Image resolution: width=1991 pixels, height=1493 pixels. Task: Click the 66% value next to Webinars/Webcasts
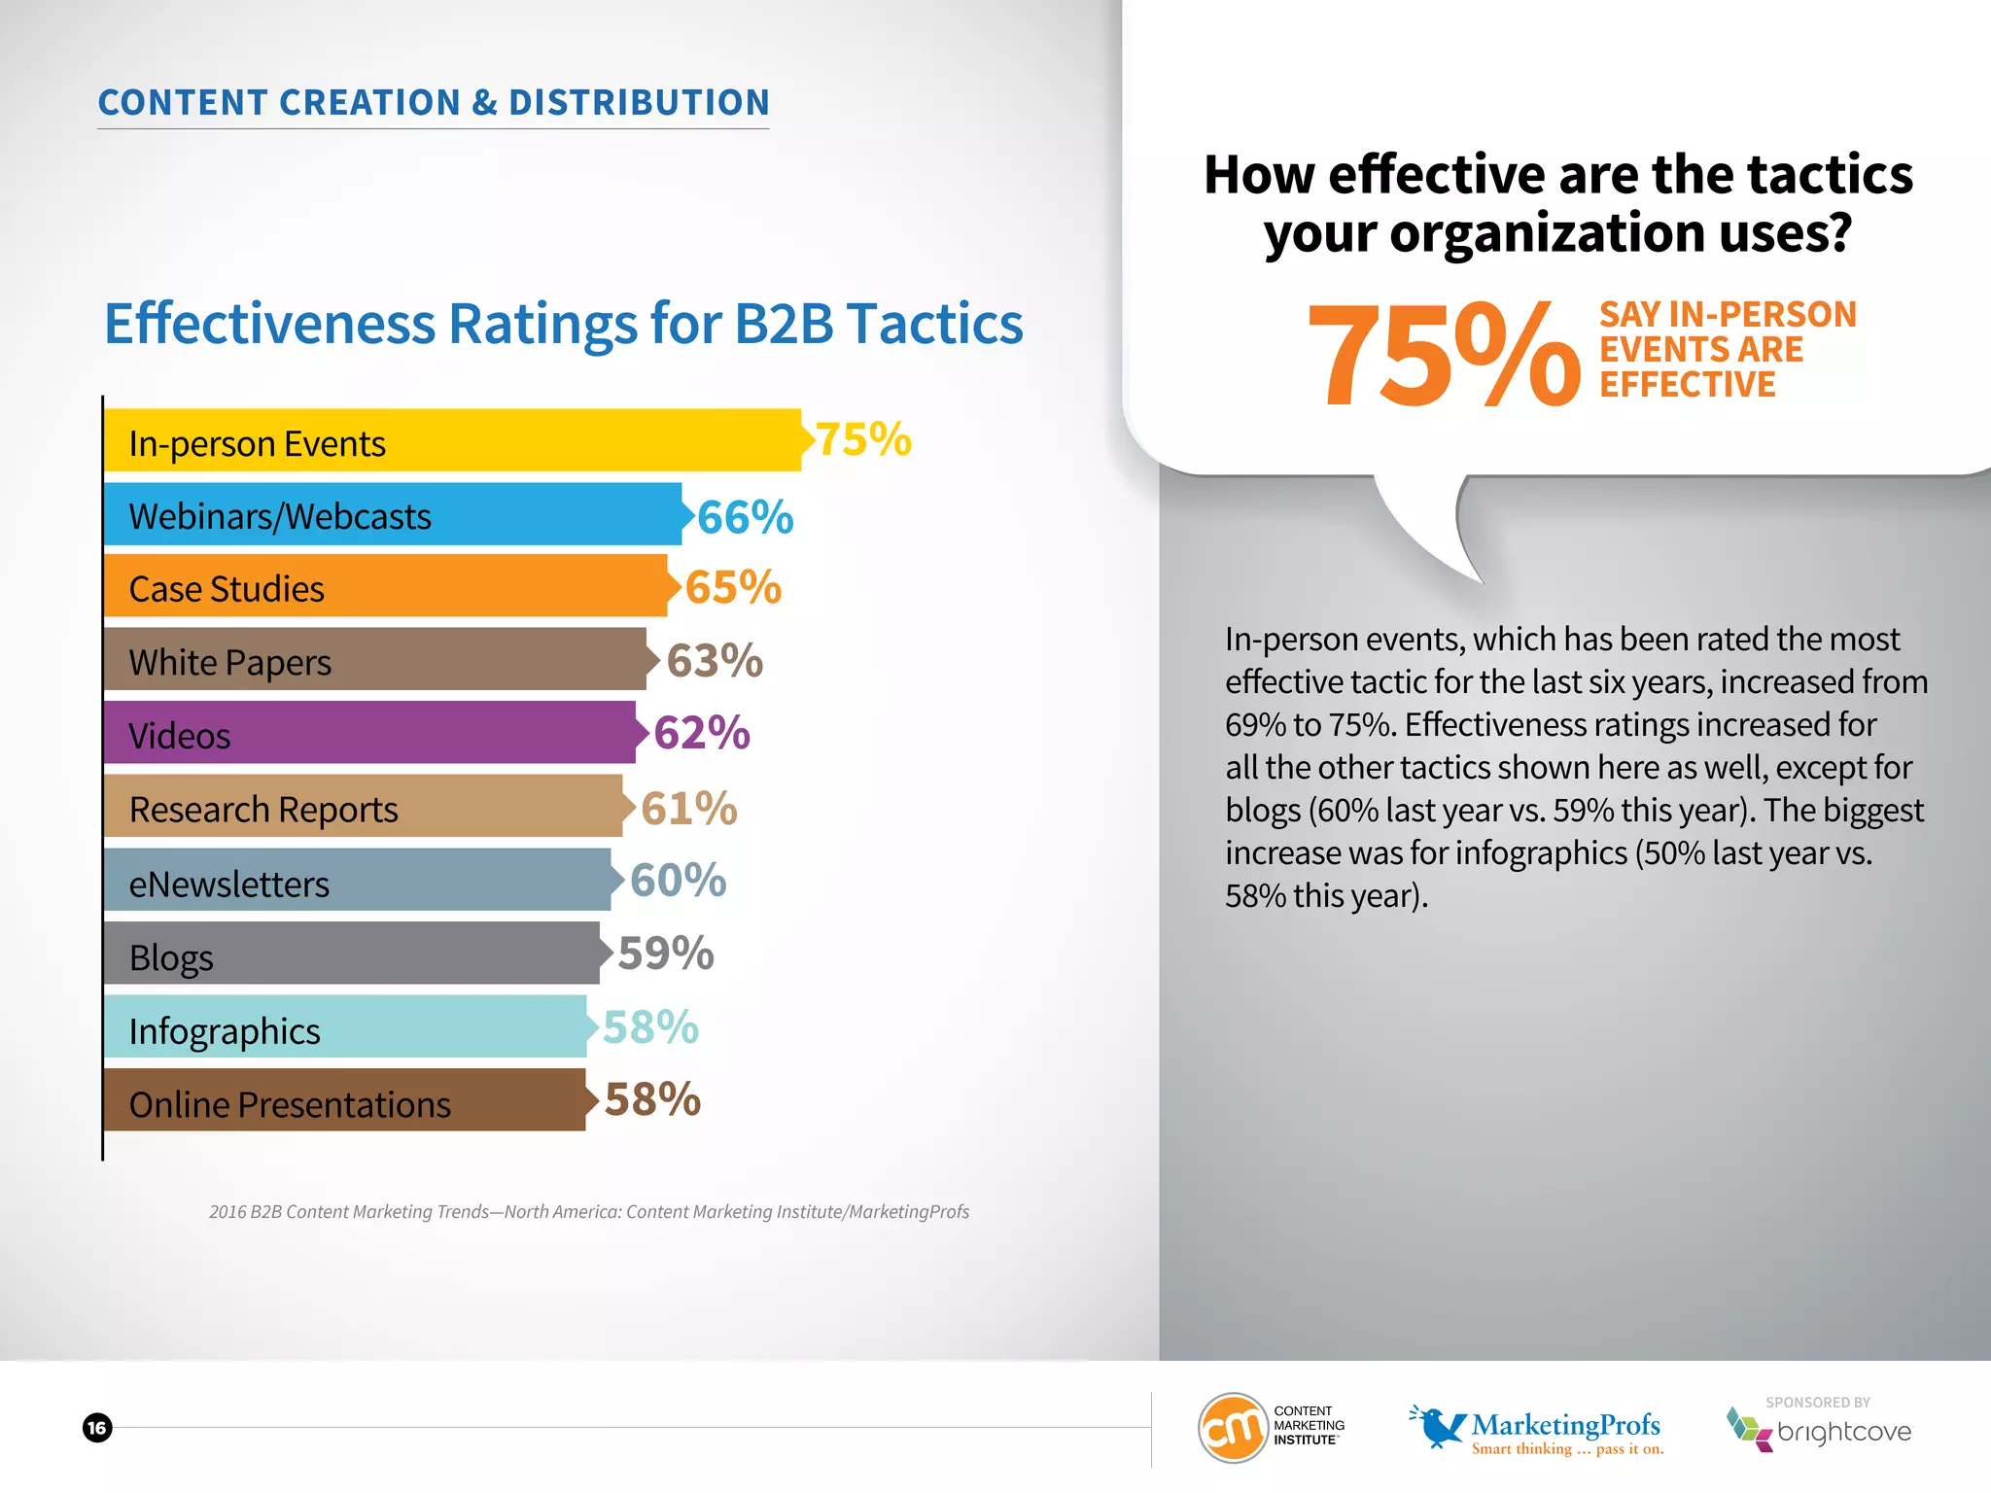coord(745,517)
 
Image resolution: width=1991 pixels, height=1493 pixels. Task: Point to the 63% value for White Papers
coord(715,661)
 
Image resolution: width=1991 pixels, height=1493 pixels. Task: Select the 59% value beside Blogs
coord(666,954)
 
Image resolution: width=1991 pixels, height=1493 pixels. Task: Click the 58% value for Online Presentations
coord(652,1100)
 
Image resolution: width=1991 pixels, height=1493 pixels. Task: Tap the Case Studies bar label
coord(227,589)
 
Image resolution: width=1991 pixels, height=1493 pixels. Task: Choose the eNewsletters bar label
coord(229,885)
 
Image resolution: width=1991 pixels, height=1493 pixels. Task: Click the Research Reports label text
coord(263,810)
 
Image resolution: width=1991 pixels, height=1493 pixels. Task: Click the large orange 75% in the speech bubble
coord(1444,356)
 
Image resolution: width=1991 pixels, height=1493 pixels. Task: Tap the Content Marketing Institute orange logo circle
coord(1233,1428)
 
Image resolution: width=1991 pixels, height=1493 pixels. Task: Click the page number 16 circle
coord(97,1428)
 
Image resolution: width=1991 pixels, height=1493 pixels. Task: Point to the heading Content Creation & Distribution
coord(434,102)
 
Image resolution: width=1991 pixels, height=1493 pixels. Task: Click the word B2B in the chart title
coord(784,324)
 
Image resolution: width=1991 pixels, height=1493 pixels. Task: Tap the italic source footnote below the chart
coord(589,1212)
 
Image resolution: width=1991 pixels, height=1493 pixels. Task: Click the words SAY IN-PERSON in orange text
coord(1728,315)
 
